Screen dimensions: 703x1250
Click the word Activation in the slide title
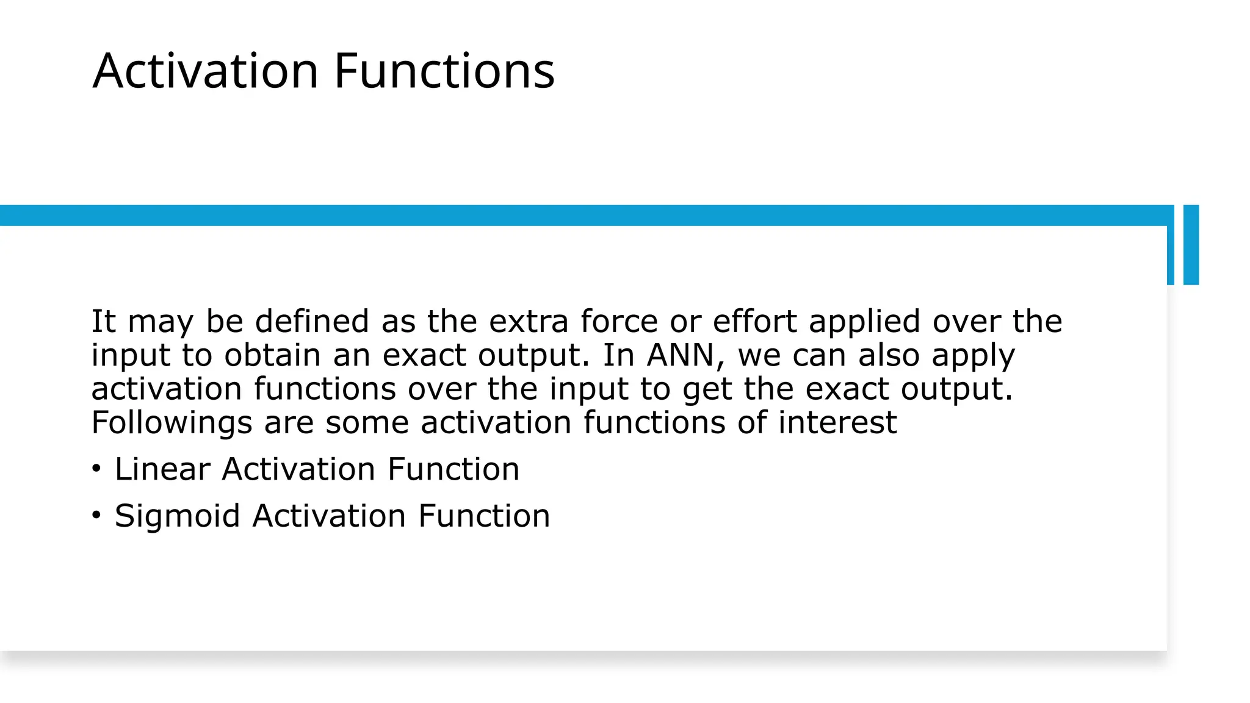(206, 71)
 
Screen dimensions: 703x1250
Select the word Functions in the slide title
(444, 71)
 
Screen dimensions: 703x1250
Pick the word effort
(755, 321)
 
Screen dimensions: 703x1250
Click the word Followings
(172, 423)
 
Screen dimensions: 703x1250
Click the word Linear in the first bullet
(162, 469)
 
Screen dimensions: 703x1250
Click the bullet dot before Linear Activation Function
(96, 469)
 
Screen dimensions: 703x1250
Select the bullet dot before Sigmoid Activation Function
(96, 515)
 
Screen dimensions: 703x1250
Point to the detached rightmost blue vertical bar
(1191, 245)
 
